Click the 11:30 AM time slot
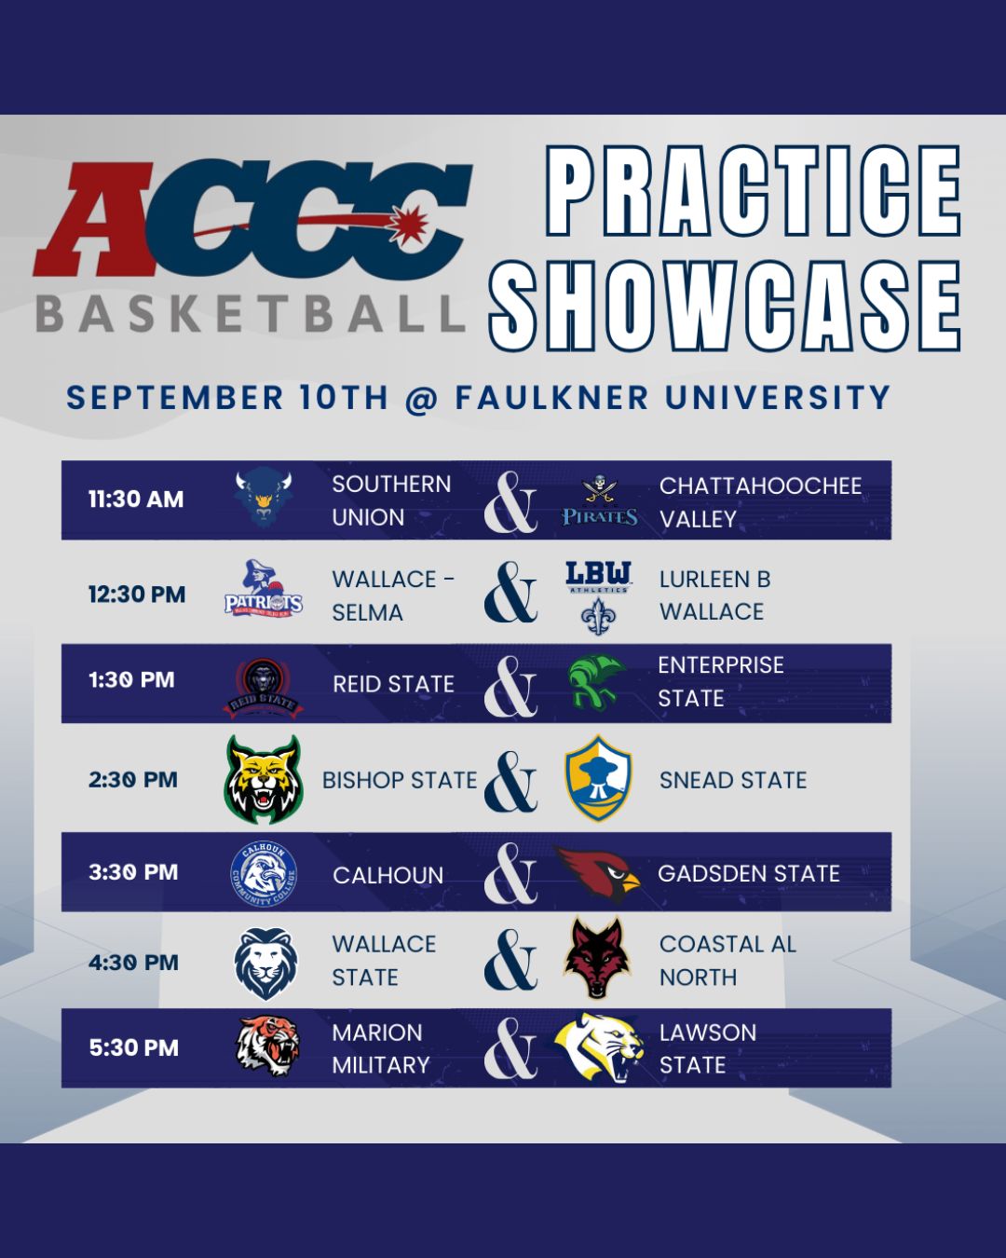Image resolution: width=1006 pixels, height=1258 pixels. tap(136, 499)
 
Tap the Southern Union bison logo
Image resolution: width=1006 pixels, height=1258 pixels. tap(263, 499)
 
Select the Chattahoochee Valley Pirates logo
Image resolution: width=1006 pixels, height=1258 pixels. tap(599, 500)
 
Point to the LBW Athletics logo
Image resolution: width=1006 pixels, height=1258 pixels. tap(599, 597)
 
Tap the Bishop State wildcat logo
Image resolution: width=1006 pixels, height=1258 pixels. tap(264, 779)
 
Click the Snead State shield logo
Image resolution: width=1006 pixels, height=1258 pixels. tap(598, 778)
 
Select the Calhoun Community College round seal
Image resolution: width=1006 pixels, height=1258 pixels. tap(264, 874)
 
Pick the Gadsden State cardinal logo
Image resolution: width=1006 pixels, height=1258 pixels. tap(597, 873)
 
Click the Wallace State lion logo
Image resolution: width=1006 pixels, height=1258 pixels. tap(265, 964)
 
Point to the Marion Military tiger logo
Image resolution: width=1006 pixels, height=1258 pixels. tap(267, 1046)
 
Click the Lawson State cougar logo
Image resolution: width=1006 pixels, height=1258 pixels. tap(599, 1047)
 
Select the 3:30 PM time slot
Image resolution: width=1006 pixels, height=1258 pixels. tap(133, 872)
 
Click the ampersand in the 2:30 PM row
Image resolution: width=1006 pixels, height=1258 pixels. tap(510, 782)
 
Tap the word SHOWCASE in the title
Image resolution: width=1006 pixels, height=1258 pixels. tap(725, 307)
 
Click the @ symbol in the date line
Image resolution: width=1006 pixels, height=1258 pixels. tap(421, 398)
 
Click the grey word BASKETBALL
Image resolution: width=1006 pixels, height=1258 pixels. tap(251, 314)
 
